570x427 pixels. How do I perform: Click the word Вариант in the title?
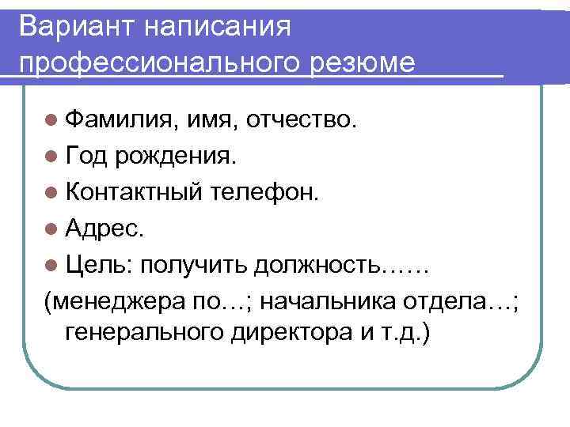click(x=74, y=25)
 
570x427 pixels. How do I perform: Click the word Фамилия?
click(x=122, y=121)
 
